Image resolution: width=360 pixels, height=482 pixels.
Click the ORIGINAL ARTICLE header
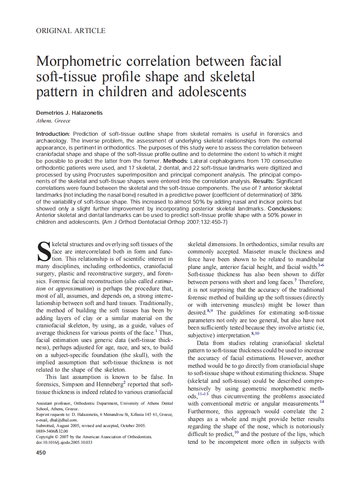(71, 31)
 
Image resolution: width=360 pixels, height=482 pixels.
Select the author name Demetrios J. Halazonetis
(69, 113)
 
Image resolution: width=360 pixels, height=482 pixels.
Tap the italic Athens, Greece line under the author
(53, 121)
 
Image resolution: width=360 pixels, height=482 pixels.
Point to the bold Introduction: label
(53, 134)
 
